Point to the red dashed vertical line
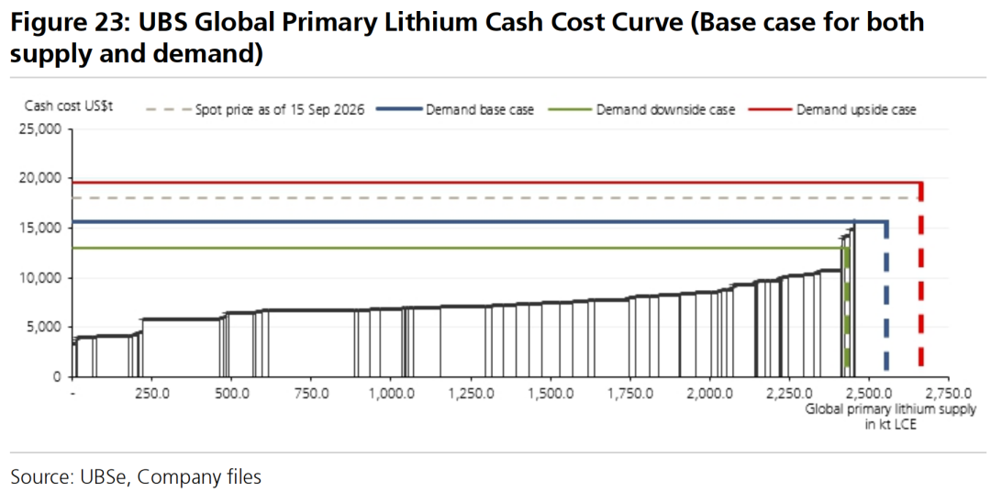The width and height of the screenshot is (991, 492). pyautogui.click(x=921, y=274)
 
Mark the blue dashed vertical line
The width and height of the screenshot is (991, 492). pyautogui.click(x=886, y=296)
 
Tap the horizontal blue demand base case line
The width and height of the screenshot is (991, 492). pyautogui.click(x=480, y=222)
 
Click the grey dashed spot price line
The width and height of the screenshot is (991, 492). pyautogui.click(x=496, y=198)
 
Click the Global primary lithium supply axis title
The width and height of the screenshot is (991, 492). pyautogui.click(x=890, y=417)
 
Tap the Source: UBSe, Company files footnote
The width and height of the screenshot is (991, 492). pyautogui.click(x=136, y=476)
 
